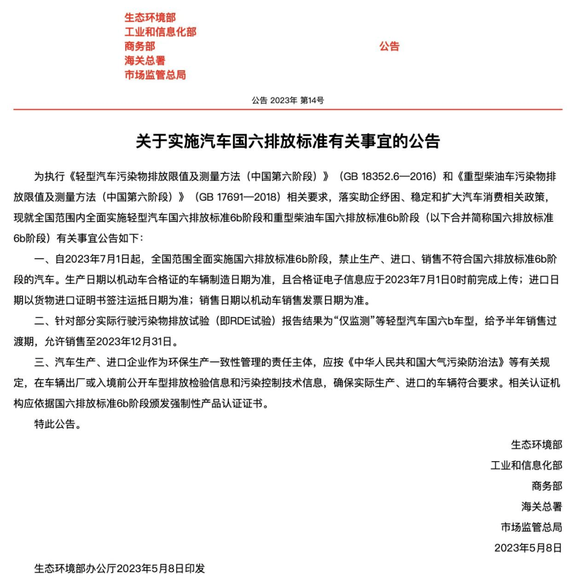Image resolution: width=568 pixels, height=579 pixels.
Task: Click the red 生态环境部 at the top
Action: (150, 18)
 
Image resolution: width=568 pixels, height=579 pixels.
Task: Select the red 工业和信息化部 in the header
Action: (160, 32)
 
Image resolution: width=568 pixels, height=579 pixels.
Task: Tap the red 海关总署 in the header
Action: (145, 60)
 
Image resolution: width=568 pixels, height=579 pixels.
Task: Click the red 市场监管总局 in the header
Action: (155, 75)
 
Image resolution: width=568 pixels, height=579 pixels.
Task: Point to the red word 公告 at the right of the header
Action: (389, 46)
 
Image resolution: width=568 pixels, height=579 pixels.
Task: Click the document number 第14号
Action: (311, 100)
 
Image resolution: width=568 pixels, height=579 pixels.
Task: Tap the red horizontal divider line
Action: (284, 109)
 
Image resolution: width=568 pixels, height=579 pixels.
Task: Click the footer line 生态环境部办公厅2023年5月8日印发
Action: (119, 568)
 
